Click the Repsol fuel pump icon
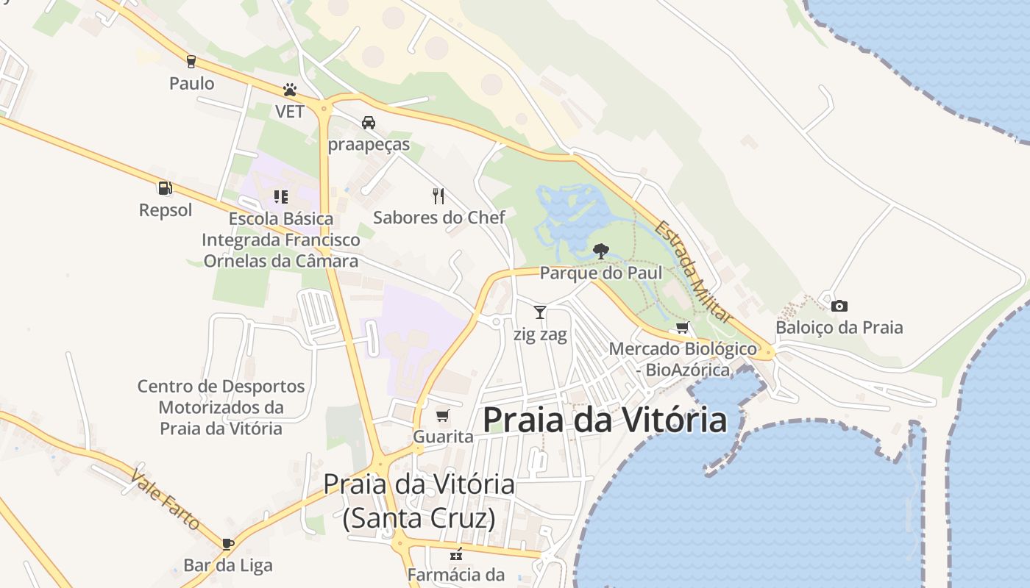point(165,189)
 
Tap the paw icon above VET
point(290,90)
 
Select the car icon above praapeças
point(368,123)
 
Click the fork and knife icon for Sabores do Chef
point(438,196)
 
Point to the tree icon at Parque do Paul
point(600,251)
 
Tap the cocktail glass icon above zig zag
point(540,312)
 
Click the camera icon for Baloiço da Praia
point(839,306)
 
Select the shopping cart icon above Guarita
point(442,417)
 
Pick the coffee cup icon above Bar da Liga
point(228,544)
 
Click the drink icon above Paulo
point(191,62)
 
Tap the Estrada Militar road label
point(694,271)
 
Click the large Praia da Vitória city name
point(605,420)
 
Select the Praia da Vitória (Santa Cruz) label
point(419,501)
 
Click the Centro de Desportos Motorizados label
point(221,407)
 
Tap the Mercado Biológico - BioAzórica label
point(683,359)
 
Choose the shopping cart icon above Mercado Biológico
point(682,327)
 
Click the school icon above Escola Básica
point(280,196)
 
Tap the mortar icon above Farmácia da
point(456,553)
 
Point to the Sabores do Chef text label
point(439,218)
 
